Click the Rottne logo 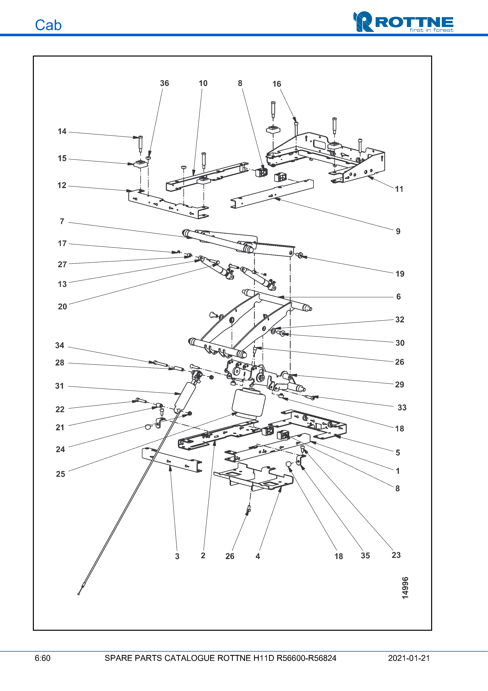click(x=403, y=22)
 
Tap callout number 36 click(x=164, y=83)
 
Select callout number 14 click(x=62, y=132)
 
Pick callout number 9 click(x=398, y=231)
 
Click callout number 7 click(x=62, y=222)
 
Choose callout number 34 click(x=60, y=345)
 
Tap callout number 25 click(x=60, y=474)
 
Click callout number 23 click(x=396, y=555)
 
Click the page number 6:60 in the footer click(x=42, y=658)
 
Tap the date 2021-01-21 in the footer click(x=409, y=658)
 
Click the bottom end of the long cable click(x=79, y=594)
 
